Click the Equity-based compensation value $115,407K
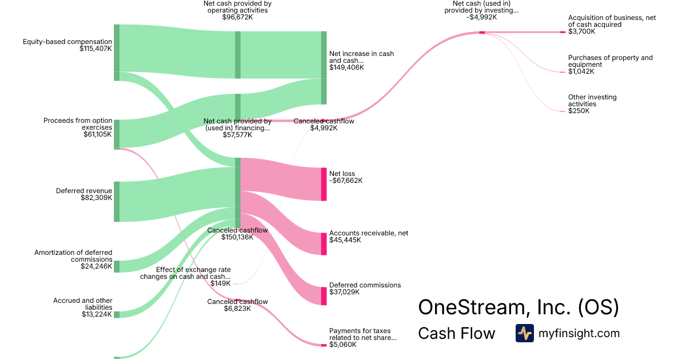tap(96, 49)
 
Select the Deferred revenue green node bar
tap(117, 201)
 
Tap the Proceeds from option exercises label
tap(78, 123)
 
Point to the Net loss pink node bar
tap(324, 184)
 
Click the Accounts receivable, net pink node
tap(324, 243)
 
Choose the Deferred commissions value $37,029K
tap(347, 292)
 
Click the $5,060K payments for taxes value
tap(343, 345)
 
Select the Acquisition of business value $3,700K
tap(581, 31)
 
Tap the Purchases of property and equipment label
tap(610, 61)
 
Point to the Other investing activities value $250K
tap(579, 111)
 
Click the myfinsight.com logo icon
tap(524, 333)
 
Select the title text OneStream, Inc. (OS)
tap(519, 307)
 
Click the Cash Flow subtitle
tap(457, 333)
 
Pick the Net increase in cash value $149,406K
tap(346, 67)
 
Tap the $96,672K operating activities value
tap(237, 17)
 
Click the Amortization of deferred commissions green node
tap(117, 266)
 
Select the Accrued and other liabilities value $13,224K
tap(96, 314)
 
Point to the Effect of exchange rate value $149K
tap(220, 283)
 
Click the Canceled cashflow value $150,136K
tap(237, 237)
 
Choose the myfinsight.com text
tap(579, 333)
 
